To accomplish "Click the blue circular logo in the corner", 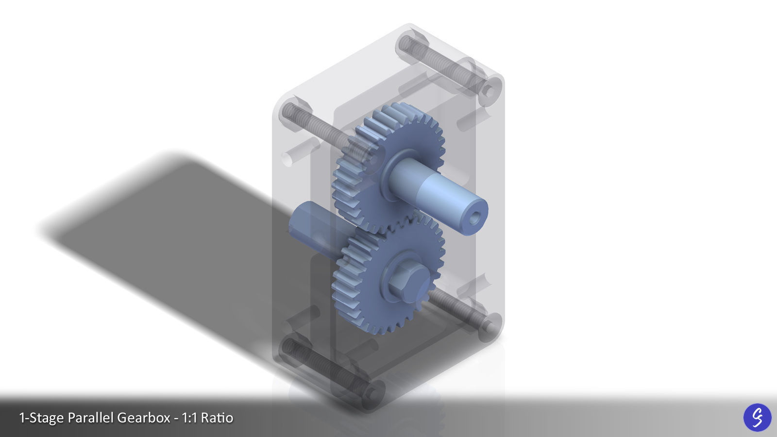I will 757,417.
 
